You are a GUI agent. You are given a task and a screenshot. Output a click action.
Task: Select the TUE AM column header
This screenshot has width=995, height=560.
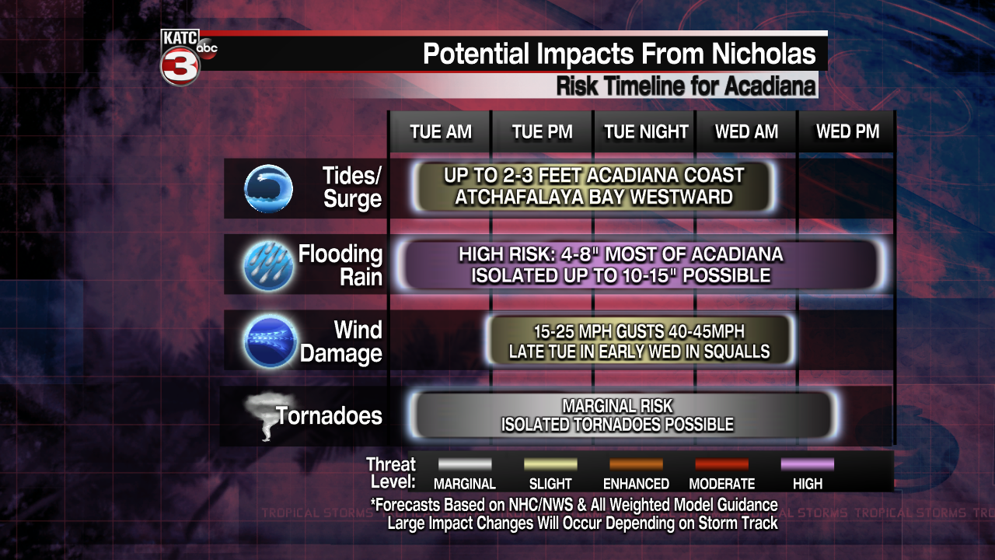tap(441, 132)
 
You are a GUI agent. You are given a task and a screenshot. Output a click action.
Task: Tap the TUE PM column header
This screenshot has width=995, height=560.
tap(543, 132)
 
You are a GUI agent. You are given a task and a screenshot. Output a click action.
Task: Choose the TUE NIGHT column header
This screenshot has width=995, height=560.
tap(645, 132)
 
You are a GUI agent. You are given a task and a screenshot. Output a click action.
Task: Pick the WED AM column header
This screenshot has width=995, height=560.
tap(746, 132)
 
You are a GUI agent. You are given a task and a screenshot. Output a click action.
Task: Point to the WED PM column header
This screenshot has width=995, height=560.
tap(847, 132)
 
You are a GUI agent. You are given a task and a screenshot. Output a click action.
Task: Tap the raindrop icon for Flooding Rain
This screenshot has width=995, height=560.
tap(268, 265)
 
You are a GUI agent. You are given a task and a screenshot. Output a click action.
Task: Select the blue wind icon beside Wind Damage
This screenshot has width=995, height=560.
tap(268, 341)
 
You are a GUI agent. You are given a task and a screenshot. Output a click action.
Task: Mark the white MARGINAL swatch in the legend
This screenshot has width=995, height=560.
tap(465, 465)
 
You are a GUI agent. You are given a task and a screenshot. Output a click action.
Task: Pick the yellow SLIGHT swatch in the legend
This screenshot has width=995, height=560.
tap(550, 465)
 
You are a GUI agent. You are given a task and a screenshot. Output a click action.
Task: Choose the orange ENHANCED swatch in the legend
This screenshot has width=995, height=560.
tap(636, 465)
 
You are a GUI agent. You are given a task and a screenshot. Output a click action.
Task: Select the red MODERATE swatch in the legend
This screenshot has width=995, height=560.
tap(721, 465)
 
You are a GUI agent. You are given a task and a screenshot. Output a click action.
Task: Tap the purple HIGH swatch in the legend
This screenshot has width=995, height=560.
tap(807, 465)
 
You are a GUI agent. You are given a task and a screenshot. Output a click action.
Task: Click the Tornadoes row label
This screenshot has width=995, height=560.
tap(330, 416)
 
